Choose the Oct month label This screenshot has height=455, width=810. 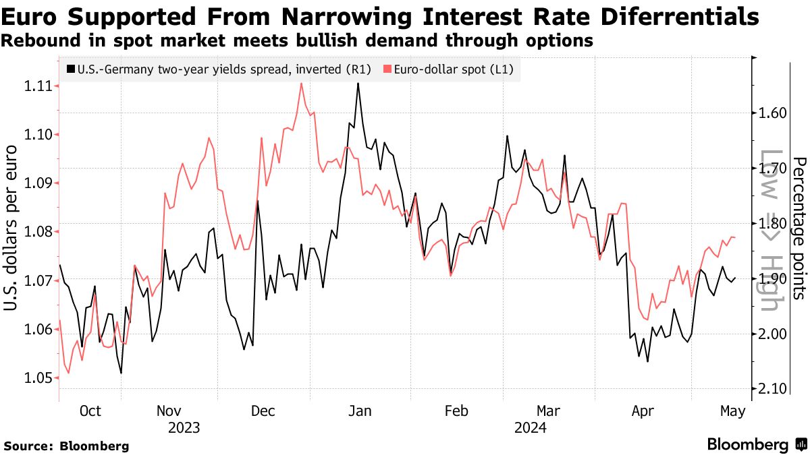point(90,411)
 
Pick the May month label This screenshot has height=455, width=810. point(732,411)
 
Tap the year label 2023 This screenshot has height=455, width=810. point(184,427)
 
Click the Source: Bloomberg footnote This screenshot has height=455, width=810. point(66,446)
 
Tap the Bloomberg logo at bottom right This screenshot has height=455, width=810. point(756,444)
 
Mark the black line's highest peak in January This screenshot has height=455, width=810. point(358,83)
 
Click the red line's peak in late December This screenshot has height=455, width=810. point(300,84)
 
